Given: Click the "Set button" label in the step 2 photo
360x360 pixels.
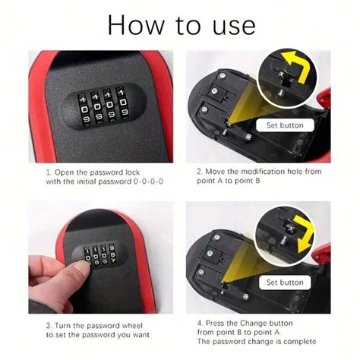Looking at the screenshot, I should tap(285, 125).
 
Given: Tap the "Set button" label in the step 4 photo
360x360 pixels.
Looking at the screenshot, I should tap(285, 282).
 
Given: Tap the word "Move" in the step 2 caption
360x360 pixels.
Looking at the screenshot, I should tap(219, 172).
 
